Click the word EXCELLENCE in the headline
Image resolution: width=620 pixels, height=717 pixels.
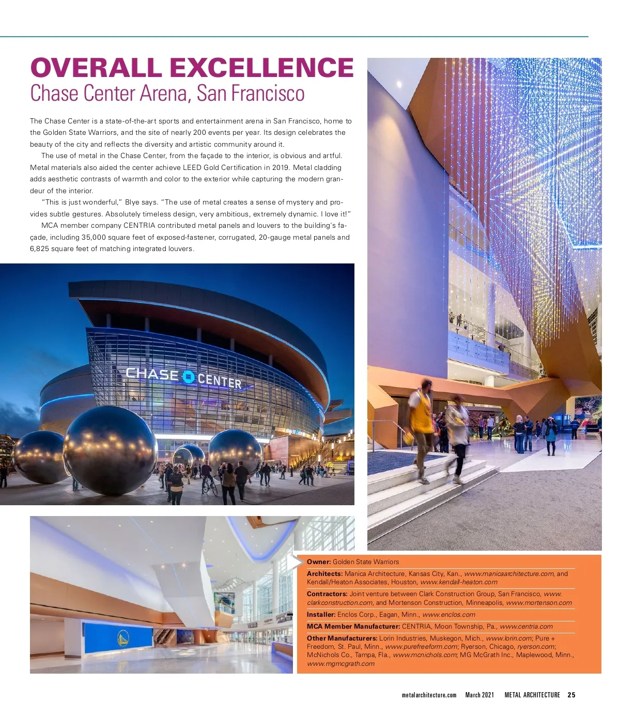point(261,68)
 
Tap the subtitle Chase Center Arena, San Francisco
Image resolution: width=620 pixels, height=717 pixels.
point(167,93)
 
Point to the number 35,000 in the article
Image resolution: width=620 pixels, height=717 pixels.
point(94,237)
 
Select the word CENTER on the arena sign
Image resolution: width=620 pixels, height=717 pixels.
point(220,381)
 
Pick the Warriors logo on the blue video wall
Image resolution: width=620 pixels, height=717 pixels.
point(123,639)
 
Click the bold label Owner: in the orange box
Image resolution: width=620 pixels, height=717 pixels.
point(319,562)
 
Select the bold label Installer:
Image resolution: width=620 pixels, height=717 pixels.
point(321,614)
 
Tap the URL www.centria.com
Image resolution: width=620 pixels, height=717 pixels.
point(526,626)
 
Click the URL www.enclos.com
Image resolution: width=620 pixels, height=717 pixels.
point(448,614)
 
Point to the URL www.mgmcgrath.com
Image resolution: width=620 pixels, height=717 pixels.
point(340,663)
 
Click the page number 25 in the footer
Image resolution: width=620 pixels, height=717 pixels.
point(571,695)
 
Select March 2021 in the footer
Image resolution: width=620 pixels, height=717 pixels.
point(479,695)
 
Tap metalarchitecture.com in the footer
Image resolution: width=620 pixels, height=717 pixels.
point(429,695)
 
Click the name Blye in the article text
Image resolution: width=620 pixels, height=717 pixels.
point(132,202)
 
